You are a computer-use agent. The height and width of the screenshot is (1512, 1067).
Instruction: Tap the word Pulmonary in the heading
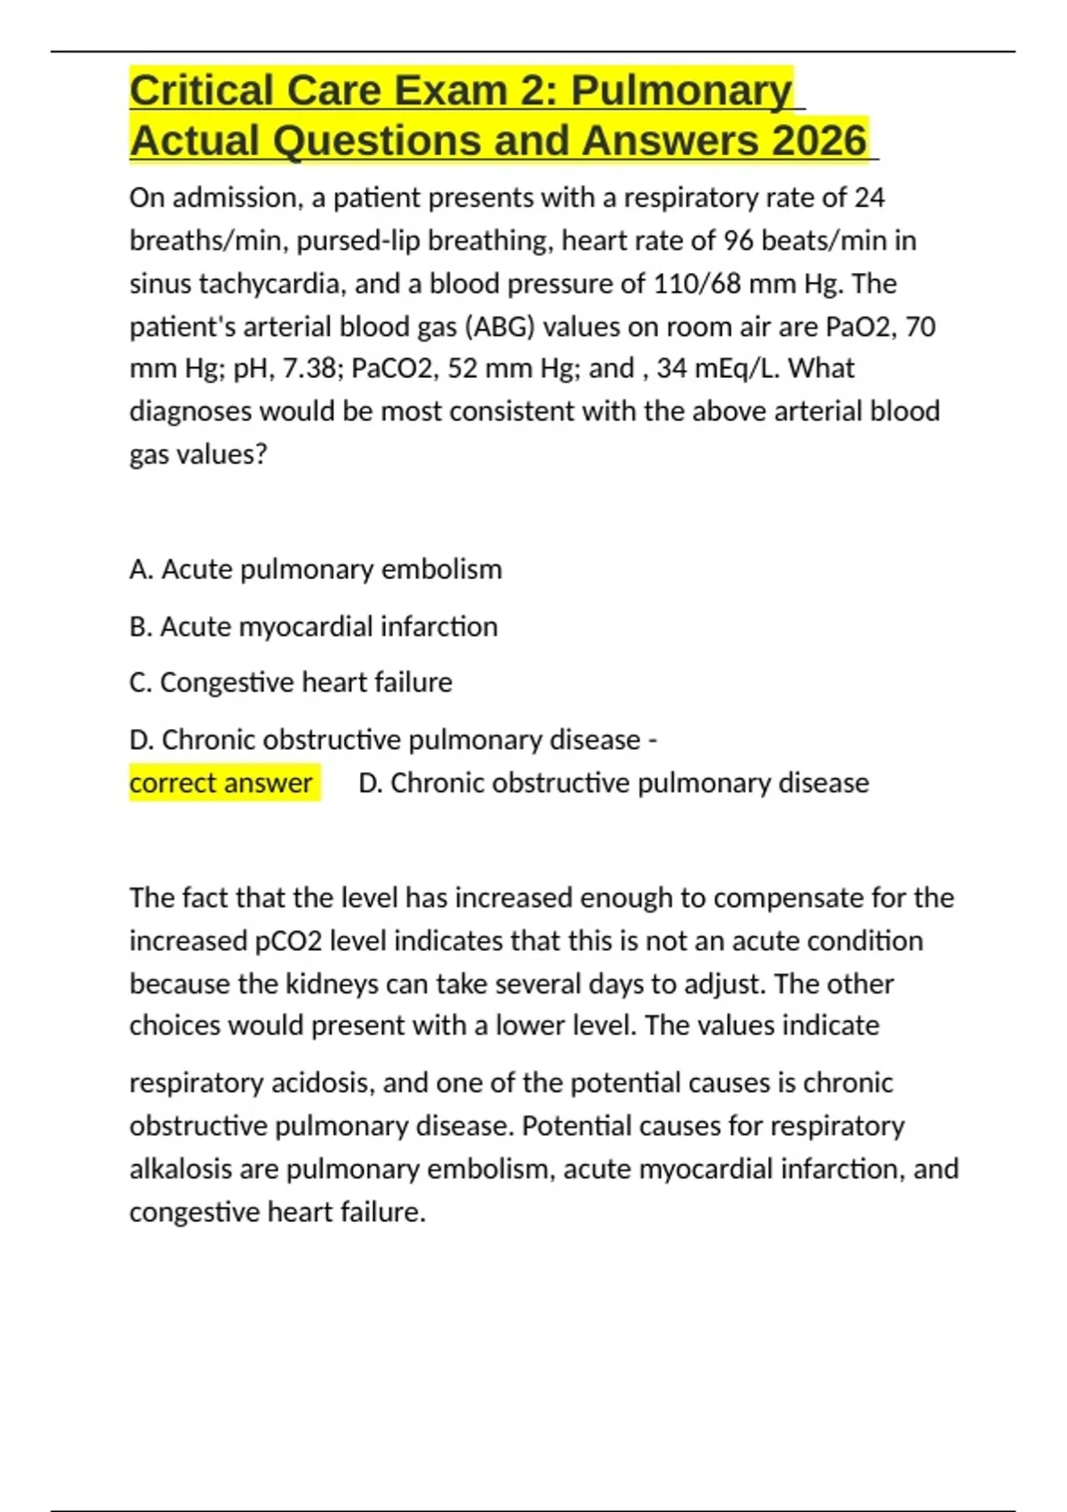pyautogui.click(x=681, y=91)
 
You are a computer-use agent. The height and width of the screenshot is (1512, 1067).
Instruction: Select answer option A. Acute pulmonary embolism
pyautogui.click(x=316, y=569)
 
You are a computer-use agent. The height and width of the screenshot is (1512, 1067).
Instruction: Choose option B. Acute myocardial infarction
pyautogui.click(x=313, y=627)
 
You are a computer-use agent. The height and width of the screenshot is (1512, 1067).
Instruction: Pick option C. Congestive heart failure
pyautogui.click(x=291, y=682)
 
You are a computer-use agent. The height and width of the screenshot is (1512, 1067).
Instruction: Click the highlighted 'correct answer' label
pyautogui.click(x=221, y=783)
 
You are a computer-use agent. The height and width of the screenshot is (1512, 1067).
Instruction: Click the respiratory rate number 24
pyautogui.click(x=869, y=197)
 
